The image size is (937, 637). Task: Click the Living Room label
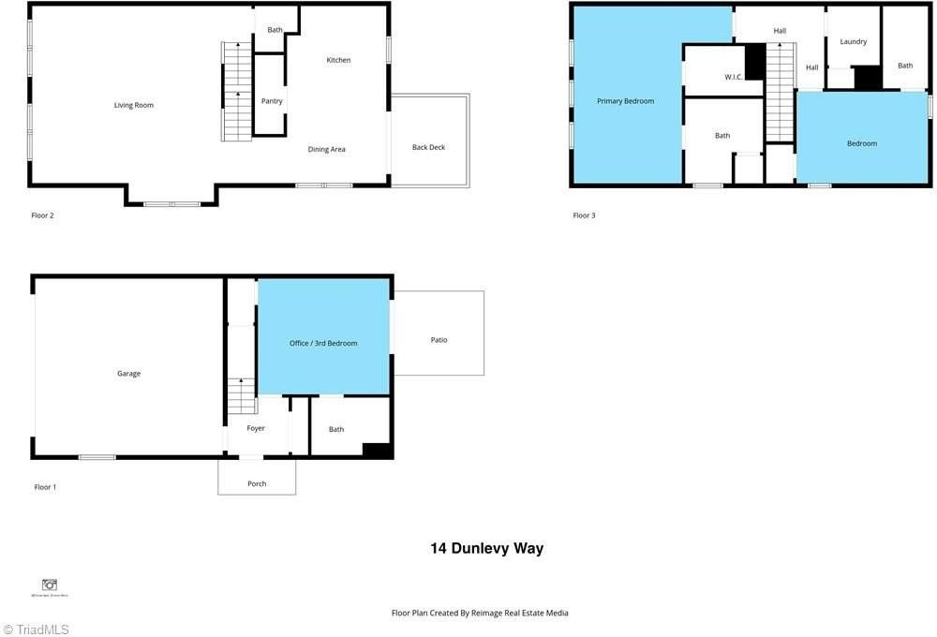point(133,105)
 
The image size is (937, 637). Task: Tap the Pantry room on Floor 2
point(272,101)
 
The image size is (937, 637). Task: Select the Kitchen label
point(338,60)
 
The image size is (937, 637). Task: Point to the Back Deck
point(429,147)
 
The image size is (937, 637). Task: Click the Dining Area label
point(327,149)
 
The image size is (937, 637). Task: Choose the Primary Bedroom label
point(626,101)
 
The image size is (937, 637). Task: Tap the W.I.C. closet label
point(734,77)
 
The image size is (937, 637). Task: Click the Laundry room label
point(853,41)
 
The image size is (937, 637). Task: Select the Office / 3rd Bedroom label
point(323,344)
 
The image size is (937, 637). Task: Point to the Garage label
point(128,374)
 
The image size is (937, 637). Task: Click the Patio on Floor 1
point(439,340)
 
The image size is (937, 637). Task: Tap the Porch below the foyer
point(257,483)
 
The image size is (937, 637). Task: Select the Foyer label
point(256,428)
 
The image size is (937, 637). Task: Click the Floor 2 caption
point(43,215)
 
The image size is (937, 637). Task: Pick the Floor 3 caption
point(584,215)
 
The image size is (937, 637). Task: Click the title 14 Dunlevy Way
point(486,549)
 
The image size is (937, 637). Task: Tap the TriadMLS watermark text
point(42,630)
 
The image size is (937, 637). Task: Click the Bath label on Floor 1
point(336,429)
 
